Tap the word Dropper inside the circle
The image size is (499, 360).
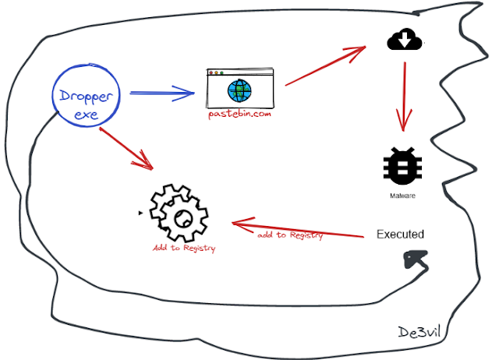(87, 97)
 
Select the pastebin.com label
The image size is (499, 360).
(241, 114)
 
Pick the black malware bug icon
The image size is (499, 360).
(403, 166)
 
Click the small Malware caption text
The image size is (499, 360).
(403, 196)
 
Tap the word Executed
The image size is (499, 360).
(400, 234)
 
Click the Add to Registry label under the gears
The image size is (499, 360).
(184, 249)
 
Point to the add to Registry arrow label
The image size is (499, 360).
(290, 235)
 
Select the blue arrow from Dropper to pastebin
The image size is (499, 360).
(161, 95)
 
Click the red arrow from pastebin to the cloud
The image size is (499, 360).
(326, 65)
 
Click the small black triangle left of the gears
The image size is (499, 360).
(140, 212)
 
